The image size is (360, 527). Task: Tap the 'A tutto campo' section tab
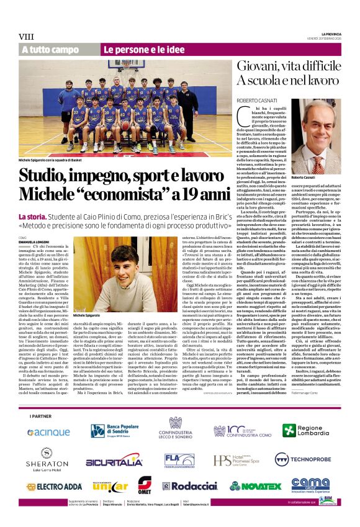pos(52,49)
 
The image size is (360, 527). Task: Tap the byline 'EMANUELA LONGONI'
pos(34,241)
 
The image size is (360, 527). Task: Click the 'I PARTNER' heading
pos(40,415)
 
